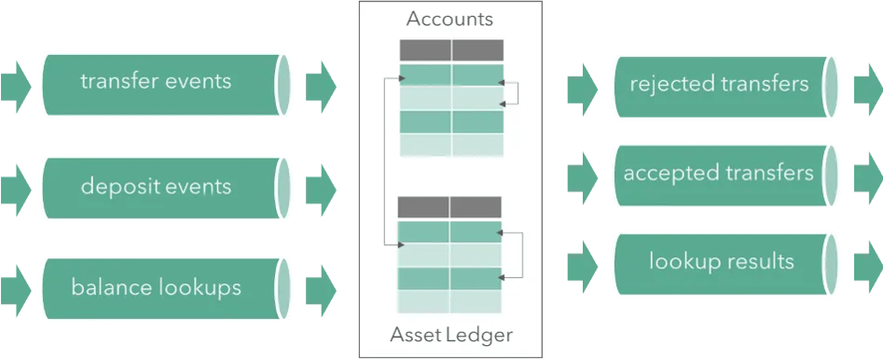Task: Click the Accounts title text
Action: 450,19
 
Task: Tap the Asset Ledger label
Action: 451,333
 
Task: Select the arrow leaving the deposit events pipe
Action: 320,186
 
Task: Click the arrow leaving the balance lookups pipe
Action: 320,286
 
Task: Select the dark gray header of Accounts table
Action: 451,50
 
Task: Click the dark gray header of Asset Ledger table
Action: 450,207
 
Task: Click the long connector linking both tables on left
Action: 385,162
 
